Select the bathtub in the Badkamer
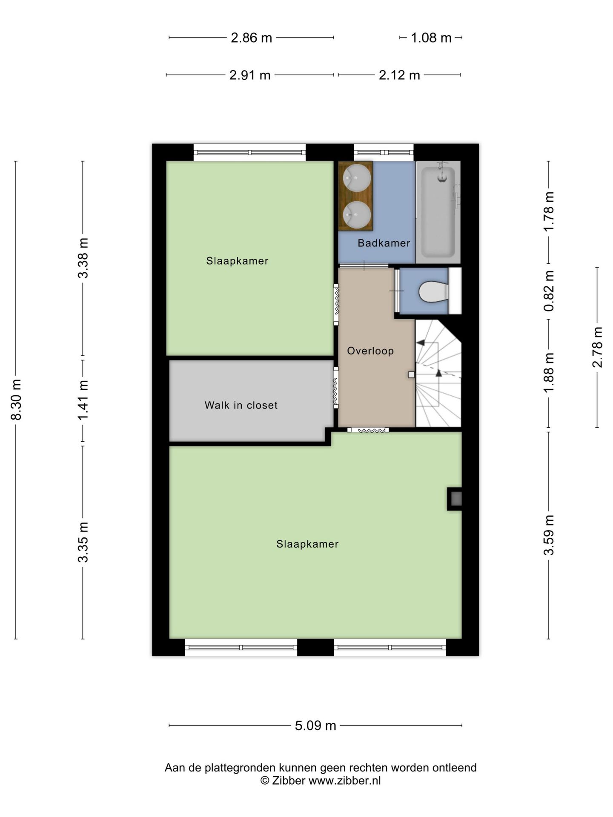click(x=438, y=212)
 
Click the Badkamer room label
click(x=384, y=243)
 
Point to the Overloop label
click(x=370, y=351)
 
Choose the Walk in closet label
click(x=241, y=405)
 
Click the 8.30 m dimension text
click(x=16, y=400)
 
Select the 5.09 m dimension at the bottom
click(x=315, y=726)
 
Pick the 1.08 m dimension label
click(x=431, y=38)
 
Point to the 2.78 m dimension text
click(x=598, y=347)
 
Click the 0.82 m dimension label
click(x=549, y=291)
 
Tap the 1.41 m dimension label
click(x=83, y=400)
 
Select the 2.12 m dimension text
click(x=399, y=75)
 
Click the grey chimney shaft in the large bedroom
click(x=455, y=498)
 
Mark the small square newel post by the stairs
click(x=411, y=375)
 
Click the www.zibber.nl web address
click(x=344, y=781)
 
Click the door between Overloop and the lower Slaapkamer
click(x=368, y=430)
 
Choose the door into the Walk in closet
click(x=336, y=388)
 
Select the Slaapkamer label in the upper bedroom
click(x=237, y=261)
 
